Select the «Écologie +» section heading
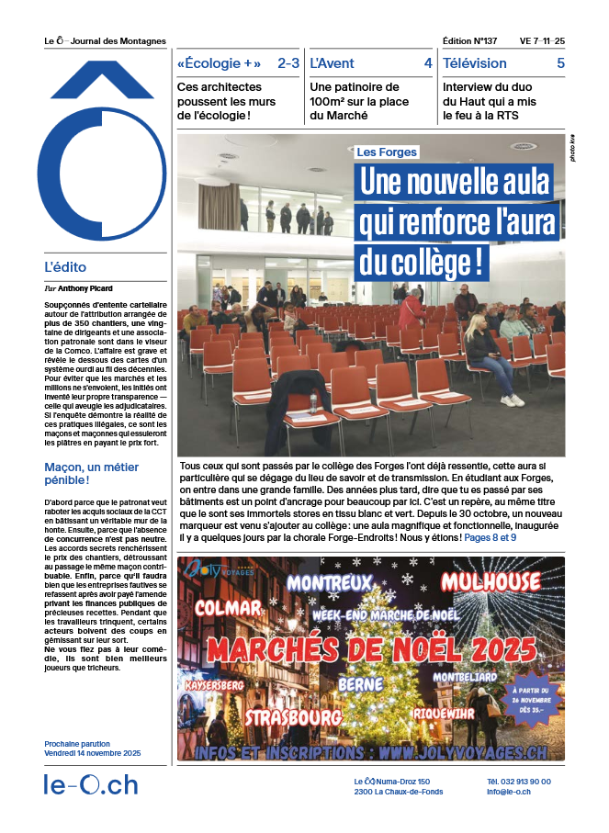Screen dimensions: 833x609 point(219,63)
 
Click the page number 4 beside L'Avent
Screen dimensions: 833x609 point(428,63)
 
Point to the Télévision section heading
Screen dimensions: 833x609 point(475,63)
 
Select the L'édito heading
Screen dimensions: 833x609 point(65,267)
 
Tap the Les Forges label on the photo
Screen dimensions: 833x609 point(387,152)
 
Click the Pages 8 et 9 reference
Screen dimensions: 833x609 point(490,536)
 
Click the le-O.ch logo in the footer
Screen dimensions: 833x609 point(91,786)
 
